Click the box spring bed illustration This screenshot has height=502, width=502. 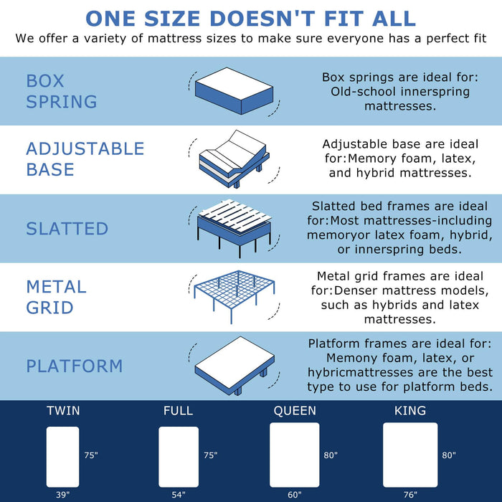[x=232, y=91]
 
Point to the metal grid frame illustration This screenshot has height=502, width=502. [x=232, y=295]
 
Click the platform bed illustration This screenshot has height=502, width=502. [x=232, y=363]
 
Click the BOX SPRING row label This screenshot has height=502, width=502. [x=62, y=91]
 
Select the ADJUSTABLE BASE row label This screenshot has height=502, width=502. [x=85, y=159]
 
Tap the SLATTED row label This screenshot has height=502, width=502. [x=67, y=229]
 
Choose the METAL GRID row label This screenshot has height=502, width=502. [x=56, y=297]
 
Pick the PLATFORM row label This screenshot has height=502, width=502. [x=75, y=366]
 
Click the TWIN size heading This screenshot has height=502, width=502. [x=63, y=411]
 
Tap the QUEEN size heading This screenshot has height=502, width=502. [x=294, y=411]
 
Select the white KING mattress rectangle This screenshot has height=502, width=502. [x=410, y=455]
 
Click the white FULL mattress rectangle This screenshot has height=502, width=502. [x=178, y=457]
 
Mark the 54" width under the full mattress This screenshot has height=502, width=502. [x=178, y=494]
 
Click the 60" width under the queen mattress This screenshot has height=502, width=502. [x=294, y=494]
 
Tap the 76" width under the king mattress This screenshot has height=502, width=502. [x=410, y=494]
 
